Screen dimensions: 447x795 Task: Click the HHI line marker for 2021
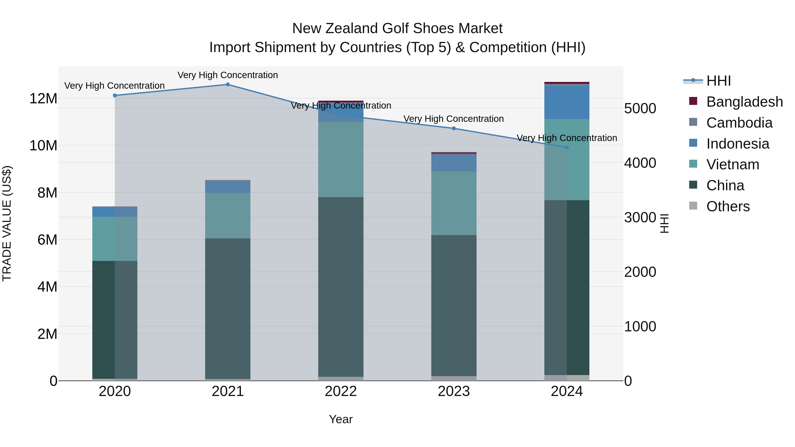coord(228,84)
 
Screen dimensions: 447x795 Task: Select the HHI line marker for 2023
coord(454,128)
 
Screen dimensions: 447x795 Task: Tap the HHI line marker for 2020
coord(115,95)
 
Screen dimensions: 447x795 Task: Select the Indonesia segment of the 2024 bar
coord(567,102)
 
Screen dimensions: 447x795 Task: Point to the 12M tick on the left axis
coord(43,99)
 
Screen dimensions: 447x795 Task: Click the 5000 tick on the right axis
coord(640,109)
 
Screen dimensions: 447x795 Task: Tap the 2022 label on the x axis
coord(341,391)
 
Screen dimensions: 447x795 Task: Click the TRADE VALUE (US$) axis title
coord(7,223)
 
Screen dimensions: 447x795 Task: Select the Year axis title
coord(341,419)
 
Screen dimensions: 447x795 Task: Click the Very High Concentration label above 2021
coord(228,75)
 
